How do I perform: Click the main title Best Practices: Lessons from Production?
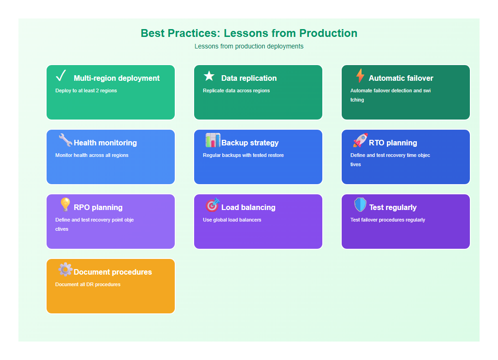pyautogui.click(x=249, y=33)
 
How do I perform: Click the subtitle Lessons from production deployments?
pyautogui.click(x=249, y=46)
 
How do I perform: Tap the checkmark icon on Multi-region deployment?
pyautogui.click(x=61, y=75)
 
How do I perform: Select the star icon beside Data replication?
pyautogui.click(x=209, y=76)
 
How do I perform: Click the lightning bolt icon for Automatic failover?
pyautogui.click(x=360, y=76)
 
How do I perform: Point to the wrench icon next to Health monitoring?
pyautogui.click(x=65, y=140)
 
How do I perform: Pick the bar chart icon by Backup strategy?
pyautogui.click(x=213, y=140)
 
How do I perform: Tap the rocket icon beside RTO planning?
pyautogui.click(x=360, y=140)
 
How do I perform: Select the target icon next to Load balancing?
pyautogui.click(x=213, y=205)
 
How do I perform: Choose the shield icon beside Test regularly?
pyautogui.click(x=360, y=205)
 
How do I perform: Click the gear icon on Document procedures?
pyautogui.click(x=65, y=270)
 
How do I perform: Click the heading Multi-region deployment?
pyautogui.click(x=117, y=78)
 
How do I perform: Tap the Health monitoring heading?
pyautogui.click(x=105, y=143)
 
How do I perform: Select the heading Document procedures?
pyautogui.click(x=113, y=272)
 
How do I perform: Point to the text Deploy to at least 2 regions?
pyautogui.click(x=86, y=91)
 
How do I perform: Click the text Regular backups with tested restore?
pyautogui.click(x=243, y=156)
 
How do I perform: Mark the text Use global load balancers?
pyautogui.click(x=232, y=220)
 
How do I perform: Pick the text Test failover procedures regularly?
pyautogui.click(x=388, y=220)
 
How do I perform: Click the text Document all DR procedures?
pyautogui.click(x=88, y=285)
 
